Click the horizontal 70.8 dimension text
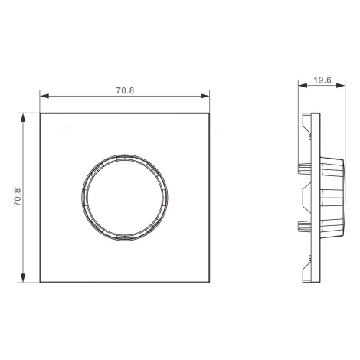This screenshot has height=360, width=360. point(125,90)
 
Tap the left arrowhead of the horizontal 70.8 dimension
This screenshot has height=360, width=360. point(44,97)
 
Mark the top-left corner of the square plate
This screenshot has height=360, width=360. point(40,113)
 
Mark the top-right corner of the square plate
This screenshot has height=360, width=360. point(210,113)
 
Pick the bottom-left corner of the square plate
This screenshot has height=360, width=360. point(40,283)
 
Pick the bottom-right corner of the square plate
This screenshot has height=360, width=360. point(210,283)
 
